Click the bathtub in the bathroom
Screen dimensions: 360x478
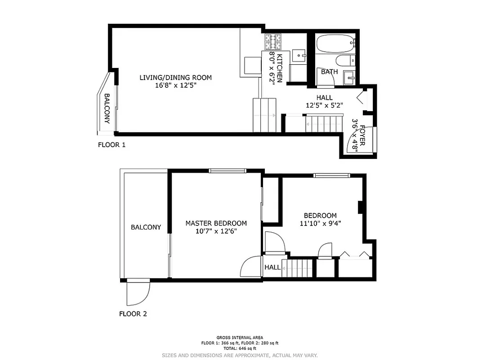pyautogui.click(x=335, y=44)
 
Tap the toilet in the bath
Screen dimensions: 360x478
pyautogui.click(x=346, y=61)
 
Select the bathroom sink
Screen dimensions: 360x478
pyautogui.click(x=350, y=78)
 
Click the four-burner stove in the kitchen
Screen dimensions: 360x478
pyautogui.click(x=273, y=42)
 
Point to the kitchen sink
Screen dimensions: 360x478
pyautogui.click(x=299, y=56)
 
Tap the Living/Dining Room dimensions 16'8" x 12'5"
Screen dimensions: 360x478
pyautogui.click(x=174, y=85)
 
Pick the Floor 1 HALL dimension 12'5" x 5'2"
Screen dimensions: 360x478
pyautogui.click(x=324, y=106)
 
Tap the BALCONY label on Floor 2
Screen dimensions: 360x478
pyautogui.click(x=146, y=227)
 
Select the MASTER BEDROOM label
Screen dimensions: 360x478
pyautogui.click(x=216, y=223)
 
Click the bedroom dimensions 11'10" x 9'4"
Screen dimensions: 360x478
pyautogui.click(x=320, y=224)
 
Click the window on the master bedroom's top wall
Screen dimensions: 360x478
pyautogui.click(x=228, y=171)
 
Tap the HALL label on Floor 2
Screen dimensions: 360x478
pyautogui.click(x=272, y=267)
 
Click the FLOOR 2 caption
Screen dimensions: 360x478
pyautogui.click(x=133, y=314)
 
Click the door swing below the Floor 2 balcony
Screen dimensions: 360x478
pyautogui.click(x=138, y=292)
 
